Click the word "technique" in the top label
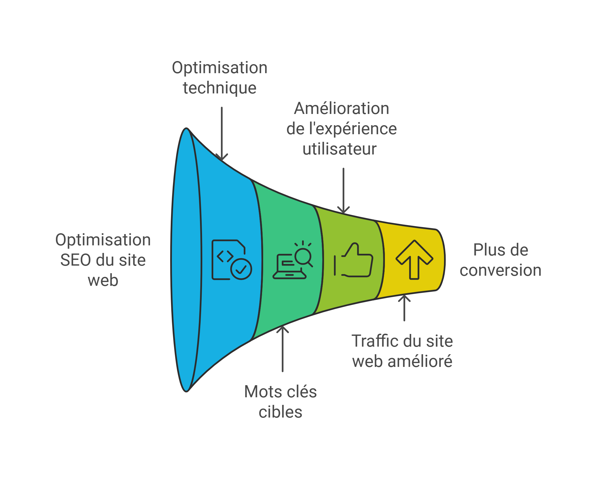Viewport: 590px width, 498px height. pos(219,88)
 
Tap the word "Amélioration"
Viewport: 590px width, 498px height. pos(341,109)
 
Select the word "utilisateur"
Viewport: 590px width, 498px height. pos(340,149)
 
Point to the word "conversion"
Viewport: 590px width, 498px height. pos(500,270)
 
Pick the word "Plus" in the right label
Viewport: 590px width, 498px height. pos(486,250)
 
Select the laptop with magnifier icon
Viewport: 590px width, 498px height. pos(292,260)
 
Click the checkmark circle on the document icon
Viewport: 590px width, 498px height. pos(241,269)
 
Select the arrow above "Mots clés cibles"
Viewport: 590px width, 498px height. pos(283,349)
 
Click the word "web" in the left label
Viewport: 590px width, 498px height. pos(103,280)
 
